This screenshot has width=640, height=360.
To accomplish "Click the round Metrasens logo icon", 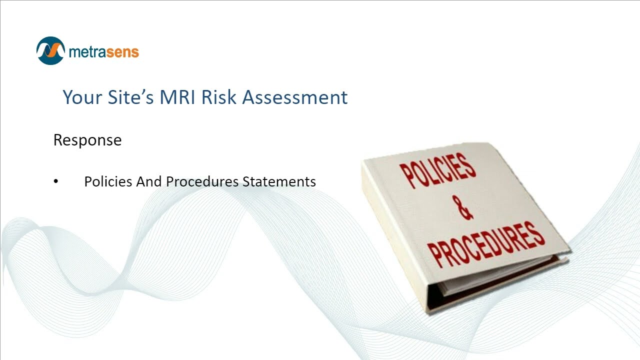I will pos(50,50).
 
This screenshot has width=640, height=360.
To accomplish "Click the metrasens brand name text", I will pos(103,51).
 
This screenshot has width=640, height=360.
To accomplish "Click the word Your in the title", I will pos(82,97).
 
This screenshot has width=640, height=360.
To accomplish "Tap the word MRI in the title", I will pos(178,97).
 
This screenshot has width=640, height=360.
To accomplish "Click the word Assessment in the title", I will pos(295,97).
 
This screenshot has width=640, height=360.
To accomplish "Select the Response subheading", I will pos(87,140).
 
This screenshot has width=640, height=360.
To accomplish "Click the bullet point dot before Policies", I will pos(56,181).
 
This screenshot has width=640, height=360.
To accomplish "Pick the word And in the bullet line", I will pos(149,181).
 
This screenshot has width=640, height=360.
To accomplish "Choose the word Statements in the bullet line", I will pos(279,181).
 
